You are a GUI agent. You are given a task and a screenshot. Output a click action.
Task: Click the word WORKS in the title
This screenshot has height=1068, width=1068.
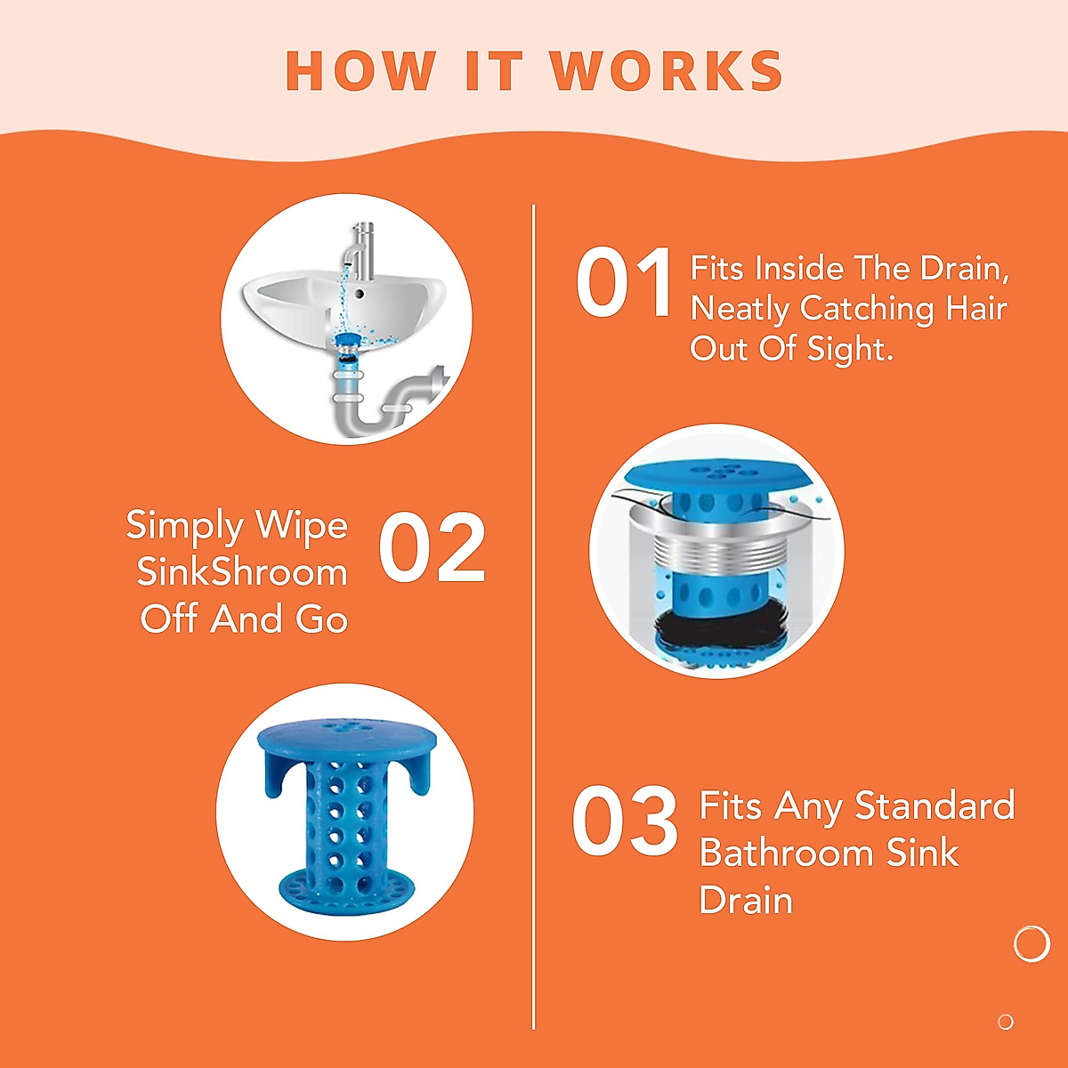click(x=667, y=71)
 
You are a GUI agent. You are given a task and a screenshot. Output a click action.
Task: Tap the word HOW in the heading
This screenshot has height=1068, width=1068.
click(x=360, y=71)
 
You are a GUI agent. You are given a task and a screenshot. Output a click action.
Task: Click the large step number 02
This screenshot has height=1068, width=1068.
click(x=433, y=549)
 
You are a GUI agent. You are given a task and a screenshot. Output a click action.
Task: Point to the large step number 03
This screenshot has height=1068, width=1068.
click(x=625, y=821)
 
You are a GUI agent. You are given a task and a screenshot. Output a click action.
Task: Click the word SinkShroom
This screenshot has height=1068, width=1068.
click(x=242, y=572)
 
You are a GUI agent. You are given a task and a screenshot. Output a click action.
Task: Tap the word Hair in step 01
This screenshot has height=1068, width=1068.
click(x=976, y=309)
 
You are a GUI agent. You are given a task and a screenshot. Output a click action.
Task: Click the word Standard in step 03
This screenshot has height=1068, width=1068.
click(x=934, y=805)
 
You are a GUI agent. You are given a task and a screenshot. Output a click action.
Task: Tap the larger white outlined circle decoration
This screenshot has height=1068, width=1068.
click(x=1032, y=943)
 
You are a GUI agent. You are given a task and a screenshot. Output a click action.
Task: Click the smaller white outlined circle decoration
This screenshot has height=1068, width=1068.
click(x=1006, y=1022)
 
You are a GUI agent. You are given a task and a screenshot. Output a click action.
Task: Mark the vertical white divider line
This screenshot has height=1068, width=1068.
click(x=534, y=623)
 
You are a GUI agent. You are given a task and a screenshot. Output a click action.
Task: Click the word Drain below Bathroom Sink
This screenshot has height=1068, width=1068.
click(x=746, y=901)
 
